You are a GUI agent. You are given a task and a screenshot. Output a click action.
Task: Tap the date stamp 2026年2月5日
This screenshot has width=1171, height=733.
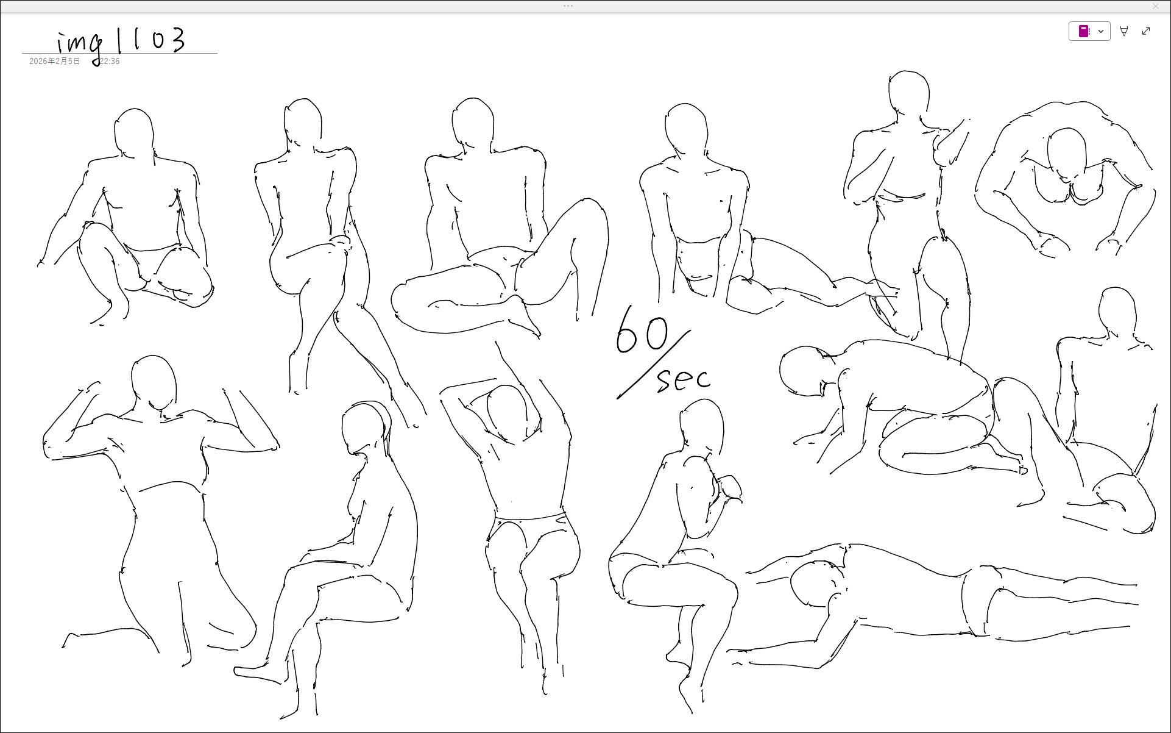coord(54,62)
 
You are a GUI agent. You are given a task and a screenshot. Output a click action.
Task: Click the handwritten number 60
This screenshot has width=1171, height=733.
coord(642,330)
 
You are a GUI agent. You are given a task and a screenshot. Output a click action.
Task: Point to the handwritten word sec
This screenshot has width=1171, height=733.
coord(684,379)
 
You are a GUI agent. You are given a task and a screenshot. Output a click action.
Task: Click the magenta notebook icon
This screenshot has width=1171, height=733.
coord(1084,31)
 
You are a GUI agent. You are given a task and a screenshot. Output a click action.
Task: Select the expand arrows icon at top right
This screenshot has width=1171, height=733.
coord(1146,31)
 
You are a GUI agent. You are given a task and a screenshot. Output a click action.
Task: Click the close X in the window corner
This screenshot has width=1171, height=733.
coord(1156,5)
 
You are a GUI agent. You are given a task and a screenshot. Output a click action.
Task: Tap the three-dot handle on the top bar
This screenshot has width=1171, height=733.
coord(568,5)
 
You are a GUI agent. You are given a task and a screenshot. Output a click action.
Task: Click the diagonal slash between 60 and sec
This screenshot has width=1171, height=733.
coord(654,364)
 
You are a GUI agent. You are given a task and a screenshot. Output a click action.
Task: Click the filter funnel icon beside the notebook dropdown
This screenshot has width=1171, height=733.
coord(1124,31)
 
